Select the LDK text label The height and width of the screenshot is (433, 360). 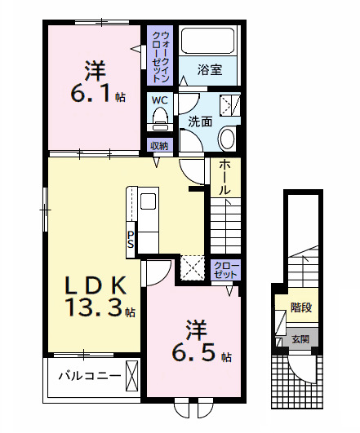coord(96,285)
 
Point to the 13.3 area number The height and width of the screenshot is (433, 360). coord(93,308)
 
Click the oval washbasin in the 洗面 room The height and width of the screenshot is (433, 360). coord(228,139)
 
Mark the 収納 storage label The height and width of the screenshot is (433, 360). coord(158,146)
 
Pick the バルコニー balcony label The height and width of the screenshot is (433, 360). coord(89,377)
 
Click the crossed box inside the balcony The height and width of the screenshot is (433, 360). coord(132,378)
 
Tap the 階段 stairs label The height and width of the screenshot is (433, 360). coord(301,308)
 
